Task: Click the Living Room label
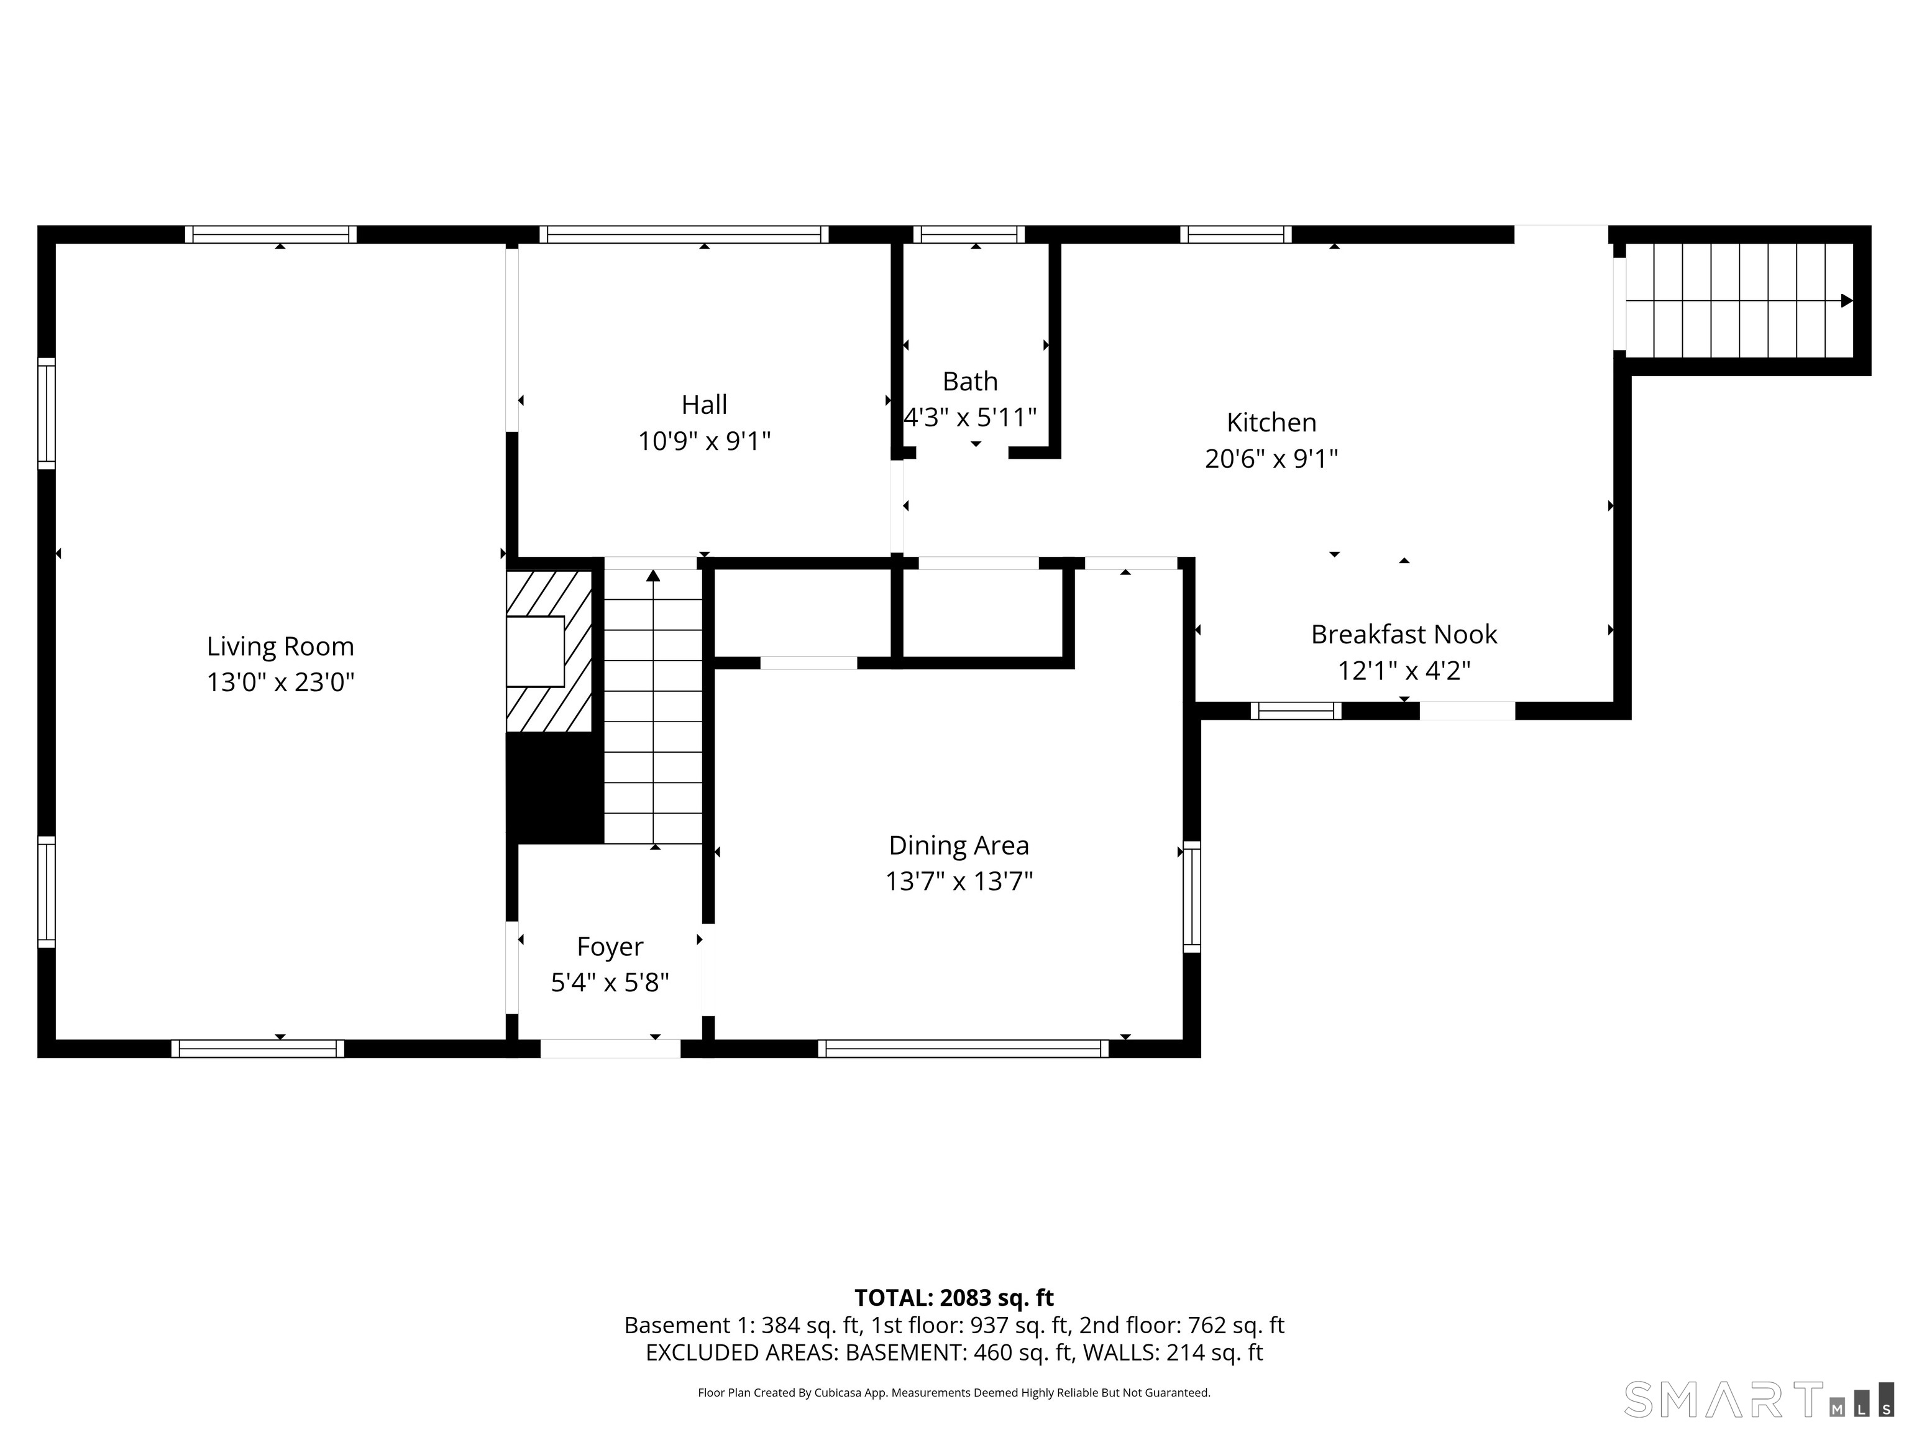tap(280, 646)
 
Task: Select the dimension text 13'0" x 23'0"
tap(280, 683)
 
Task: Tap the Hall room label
tap(704, 405)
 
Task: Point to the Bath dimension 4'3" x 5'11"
tap(970, 418)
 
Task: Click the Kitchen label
tap(1271, 422)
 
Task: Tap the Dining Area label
tap(959, 845)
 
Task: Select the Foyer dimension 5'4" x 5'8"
tap(610, 982)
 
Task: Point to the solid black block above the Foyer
tap(554, 787)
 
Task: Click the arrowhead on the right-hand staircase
tap(1846, 301)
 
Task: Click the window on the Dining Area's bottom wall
tap(963, 1049)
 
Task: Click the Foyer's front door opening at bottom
tap(610, 1049)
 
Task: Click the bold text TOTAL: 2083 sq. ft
tap(954, 1297)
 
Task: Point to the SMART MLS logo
tap(1758, 1399)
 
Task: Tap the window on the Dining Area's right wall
tap(1191, 897)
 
